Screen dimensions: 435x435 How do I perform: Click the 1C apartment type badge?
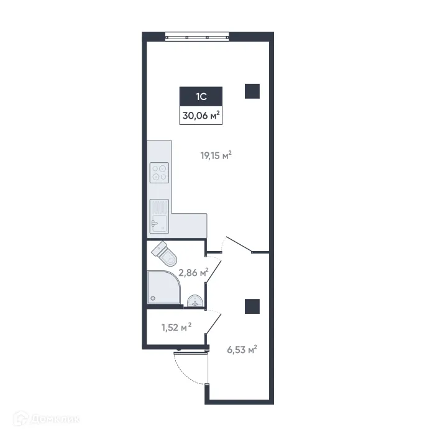tap(201, 96)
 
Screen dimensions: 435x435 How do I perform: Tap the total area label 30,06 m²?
tap(201, 115)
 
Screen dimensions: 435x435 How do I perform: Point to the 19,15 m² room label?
tap(216, 157)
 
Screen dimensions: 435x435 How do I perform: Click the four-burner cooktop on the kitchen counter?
tap(160, 172)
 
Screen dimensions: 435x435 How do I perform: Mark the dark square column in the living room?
tap(252, 91)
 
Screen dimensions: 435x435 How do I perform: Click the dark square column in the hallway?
tap(252, 306)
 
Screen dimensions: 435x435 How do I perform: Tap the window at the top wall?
tap(198, 35)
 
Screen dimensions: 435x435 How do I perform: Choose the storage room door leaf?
tap(214, 324)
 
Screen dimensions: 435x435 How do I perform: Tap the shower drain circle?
tap(152, 298)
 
